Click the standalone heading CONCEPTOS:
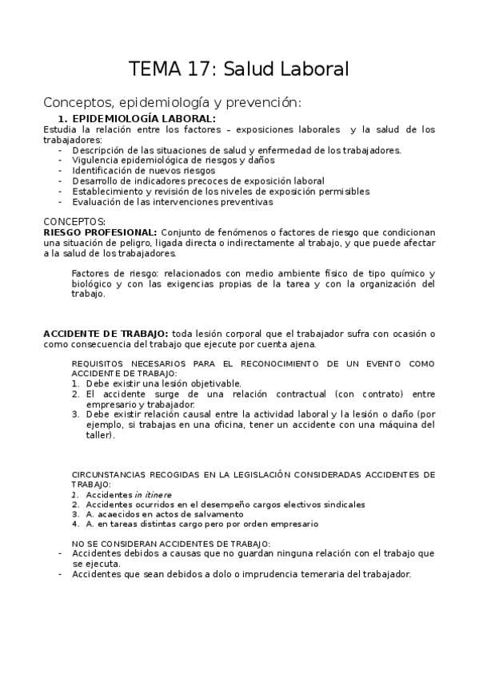click(74, 222)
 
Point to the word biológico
click(93, 284)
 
